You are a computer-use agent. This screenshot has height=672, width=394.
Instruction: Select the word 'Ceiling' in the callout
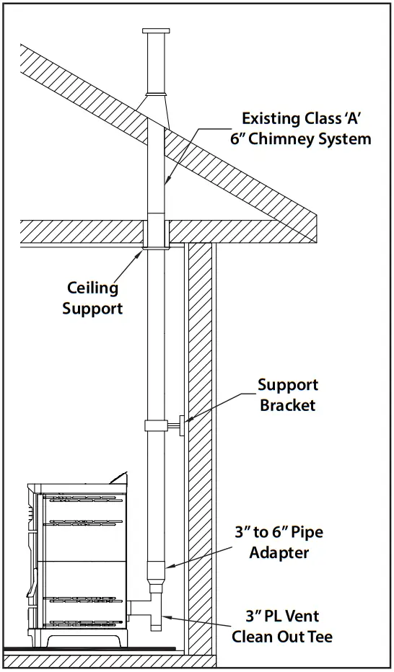(x=93, y=288)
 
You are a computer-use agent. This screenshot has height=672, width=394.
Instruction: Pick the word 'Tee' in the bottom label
(x=321, y=637)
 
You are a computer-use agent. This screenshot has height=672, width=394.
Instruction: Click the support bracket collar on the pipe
(x=156, y=426)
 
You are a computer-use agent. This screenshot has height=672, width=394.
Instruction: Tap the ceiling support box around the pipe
(x=156, y=234)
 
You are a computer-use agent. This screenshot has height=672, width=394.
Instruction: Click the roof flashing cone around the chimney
(x=156, y=108)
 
